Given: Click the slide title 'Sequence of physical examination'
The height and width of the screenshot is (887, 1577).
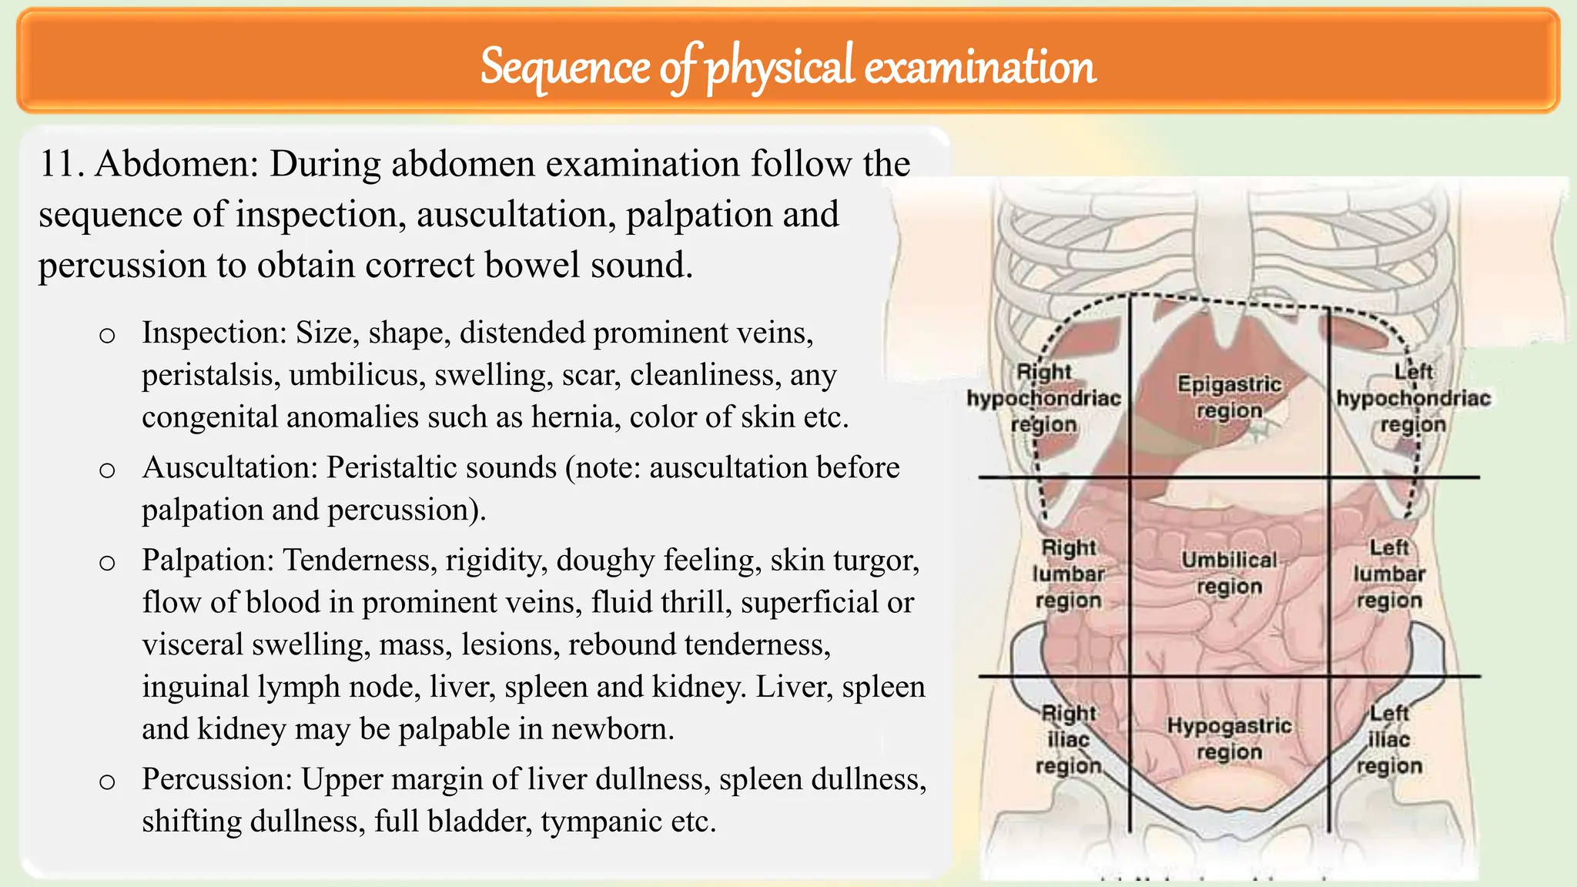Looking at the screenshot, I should pos(788,66).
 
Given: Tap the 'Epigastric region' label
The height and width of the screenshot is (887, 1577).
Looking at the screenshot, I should pos(1229,397).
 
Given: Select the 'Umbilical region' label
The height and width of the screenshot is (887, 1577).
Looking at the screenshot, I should pos(1229,573).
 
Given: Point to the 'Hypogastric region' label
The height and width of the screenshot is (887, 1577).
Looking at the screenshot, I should pos(1229,738).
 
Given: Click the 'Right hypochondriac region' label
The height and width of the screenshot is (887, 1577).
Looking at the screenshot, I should pos(1044,398).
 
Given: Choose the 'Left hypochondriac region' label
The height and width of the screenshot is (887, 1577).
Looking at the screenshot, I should pos(1413,398).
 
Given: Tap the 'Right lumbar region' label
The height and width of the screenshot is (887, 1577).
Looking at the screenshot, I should pos(1068,574).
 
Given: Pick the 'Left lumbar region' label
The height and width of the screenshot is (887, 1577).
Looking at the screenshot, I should pos(1389,574).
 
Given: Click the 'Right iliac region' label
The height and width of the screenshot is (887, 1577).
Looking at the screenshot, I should pos(1068,739).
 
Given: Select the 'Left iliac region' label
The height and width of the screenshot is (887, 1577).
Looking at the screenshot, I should pos(1389,739).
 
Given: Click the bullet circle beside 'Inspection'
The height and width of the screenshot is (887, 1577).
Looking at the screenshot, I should pos(107,336).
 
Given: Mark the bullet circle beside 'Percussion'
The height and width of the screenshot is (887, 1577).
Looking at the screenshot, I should pos(107,782).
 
